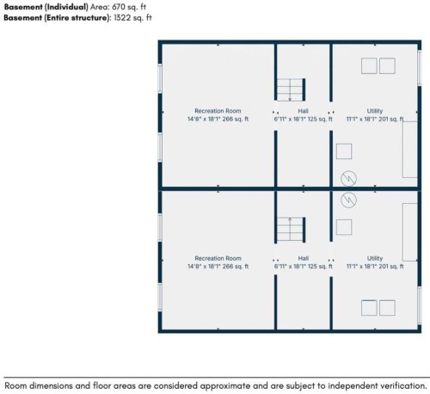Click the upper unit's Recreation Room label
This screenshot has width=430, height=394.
pyautogui.click(x=218, y=111)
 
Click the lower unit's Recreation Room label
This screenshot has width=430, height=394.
pyautogui.click(x=218, y=258)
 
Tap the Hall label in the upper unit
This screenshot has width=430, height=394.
pyautogui.click(x=303, y=111)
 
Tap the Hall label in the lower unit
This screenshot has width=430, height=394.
pyautogui.click(x=303, y=258)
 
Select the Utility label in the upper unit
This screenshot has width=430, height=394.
pyautogui.click(x=375, y=111)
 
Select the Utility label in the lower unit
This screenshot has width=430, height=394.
pyautogui.click(x=375, y=258)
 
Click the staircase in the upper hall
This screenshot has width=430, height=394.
pyautogui.click(x=291, y=89)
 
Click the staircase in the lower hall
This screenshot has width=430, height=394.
pyautogui.click(x=291, y=229)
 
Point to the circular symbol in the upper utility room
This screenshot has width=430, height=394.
pyautogui.click(x=349, y=179)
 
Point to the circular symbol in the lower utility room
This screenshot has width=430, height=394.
pyautogui.click(x=349, y=200)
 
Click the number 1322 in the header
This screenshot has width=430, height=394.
pyautogui.click(x=121, y=18)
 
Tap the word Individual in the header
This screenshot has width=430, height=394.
pyautogui.click(x=66, y=7)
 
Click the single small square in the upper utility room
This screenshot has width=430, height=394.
pyautogui.click(x=344, y=151)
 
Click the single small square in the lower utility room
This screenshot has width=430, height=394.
pyautogui.click(x=344, y=227)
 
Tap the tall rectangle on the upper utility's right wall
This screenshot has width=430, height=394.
pyautogui.click(x=410, y=150)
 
